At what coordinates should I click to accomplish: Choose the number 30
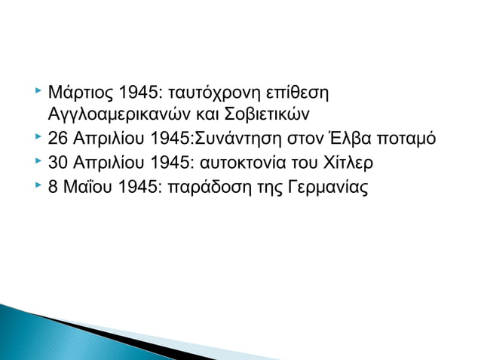coord(57,162)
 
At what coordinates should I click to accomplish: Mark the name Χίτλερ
coord(344,162)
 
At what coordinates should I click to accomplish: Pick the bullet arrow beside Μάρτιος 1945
coord(38,93)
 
